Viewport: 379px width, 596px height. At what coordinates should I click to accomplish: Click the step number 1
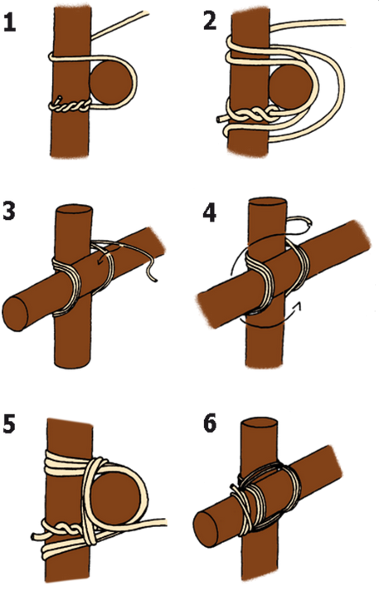click(x=9, y=22)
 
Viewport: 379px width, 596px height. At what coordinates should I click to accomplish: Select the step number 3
click(x=9, y=212)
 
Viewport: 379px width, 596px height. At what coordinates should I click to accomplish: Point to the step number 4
click(x=210, y=213)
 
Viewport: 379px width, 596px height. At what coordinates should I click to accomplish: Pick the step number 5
click(x=9, y=424)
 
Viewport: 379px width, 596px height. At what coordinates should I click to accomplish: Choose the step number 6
click(x=210, y=424)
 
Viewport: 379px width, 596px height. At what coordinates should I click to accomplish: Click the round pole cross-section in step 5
click(x=115, y=494)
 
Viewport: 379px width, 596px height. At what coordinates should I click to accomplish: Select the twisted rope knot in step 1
click(x=70, y=105)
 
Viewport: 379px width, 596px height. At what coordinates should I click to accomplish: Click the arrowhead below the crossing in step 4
click(x=299, y=305)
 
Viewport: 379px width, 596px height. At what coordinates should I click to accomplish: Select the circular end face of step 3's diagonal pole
click(x=15, y=314)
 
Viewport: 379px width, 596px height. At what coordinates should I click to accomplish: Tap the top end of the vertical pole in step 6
click(x=259, y=423)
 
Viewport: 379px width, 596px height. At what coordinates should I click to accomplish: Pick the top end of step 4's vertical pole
click(x=267, y=203)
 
